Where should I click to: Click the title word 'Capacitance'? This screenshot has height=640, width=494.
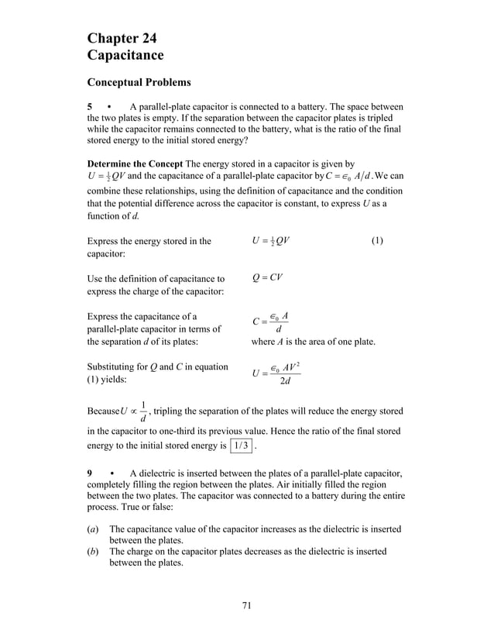point(125,55)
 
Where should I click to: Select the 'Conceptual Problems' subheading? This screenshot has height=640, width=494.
point(139,82)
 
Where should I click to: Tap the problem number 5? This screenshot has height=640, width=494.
point(90,106)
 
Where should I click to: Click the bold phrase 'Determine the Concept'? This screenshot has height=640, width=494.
point(133,163)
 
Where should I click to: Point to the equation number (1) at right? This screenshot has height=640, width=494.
point(376,241)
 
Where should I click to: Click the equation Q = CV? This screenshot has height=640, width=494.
point(267,277)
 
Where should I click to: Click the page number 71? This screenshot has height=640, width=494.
point(246,605)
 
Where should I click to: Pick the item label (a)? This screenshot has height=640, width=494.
point(92,528)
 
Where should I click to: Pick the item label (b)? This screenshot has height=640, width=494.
point(92,551)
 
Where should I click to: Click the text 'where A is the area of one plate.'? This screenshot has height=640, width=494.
point(314,341)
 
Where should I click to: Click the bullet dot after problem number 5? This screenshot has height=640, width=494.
point(111,106)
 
